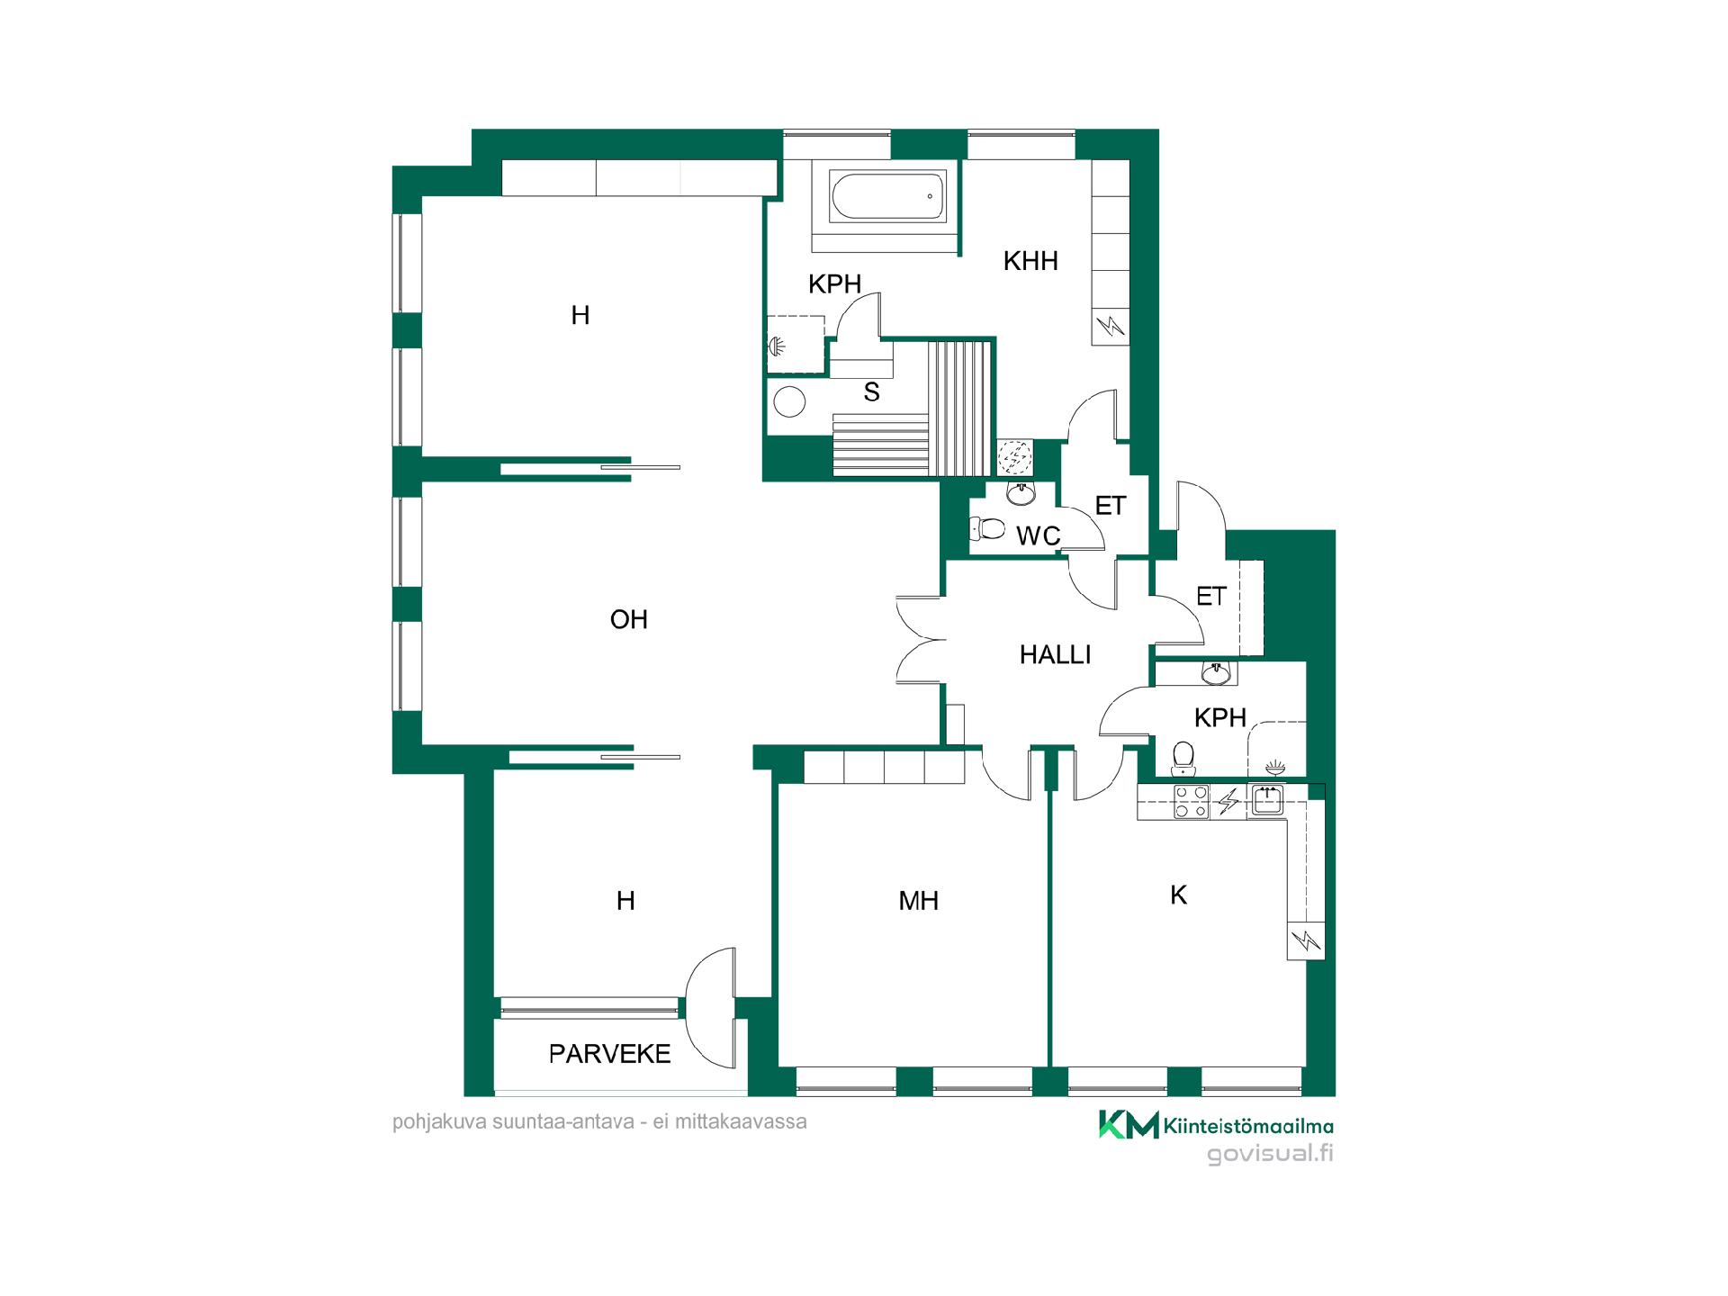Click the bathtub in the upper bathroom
coord(887,197)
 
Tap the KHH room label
coord(1030,262)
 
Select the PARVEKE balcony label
coord(610,1054)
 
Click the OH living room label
coord(628,619)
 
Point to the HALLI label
coord(1055,654)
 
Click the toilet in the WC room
coord(986,528)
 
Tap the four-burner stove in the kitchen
coord(1191,802)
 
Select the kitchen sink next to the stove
coord(1267,800)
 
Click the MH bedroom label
coord(918,901)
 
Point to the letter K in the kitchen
coord(1178,895)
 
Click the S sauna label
coord(871,391)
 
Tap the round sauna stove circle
coord(789,401)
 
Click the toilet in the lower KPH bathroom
coord(1183,758)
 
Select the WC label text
coord(1039,536)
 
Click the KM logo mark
coord(1129,1124)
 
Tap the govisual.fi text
coord(1270,1154)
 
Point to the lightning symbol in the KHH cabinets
coord(1111,325)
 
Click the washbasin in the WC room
coord(1021,492)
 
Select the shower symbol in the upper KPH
coord(778,345)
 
